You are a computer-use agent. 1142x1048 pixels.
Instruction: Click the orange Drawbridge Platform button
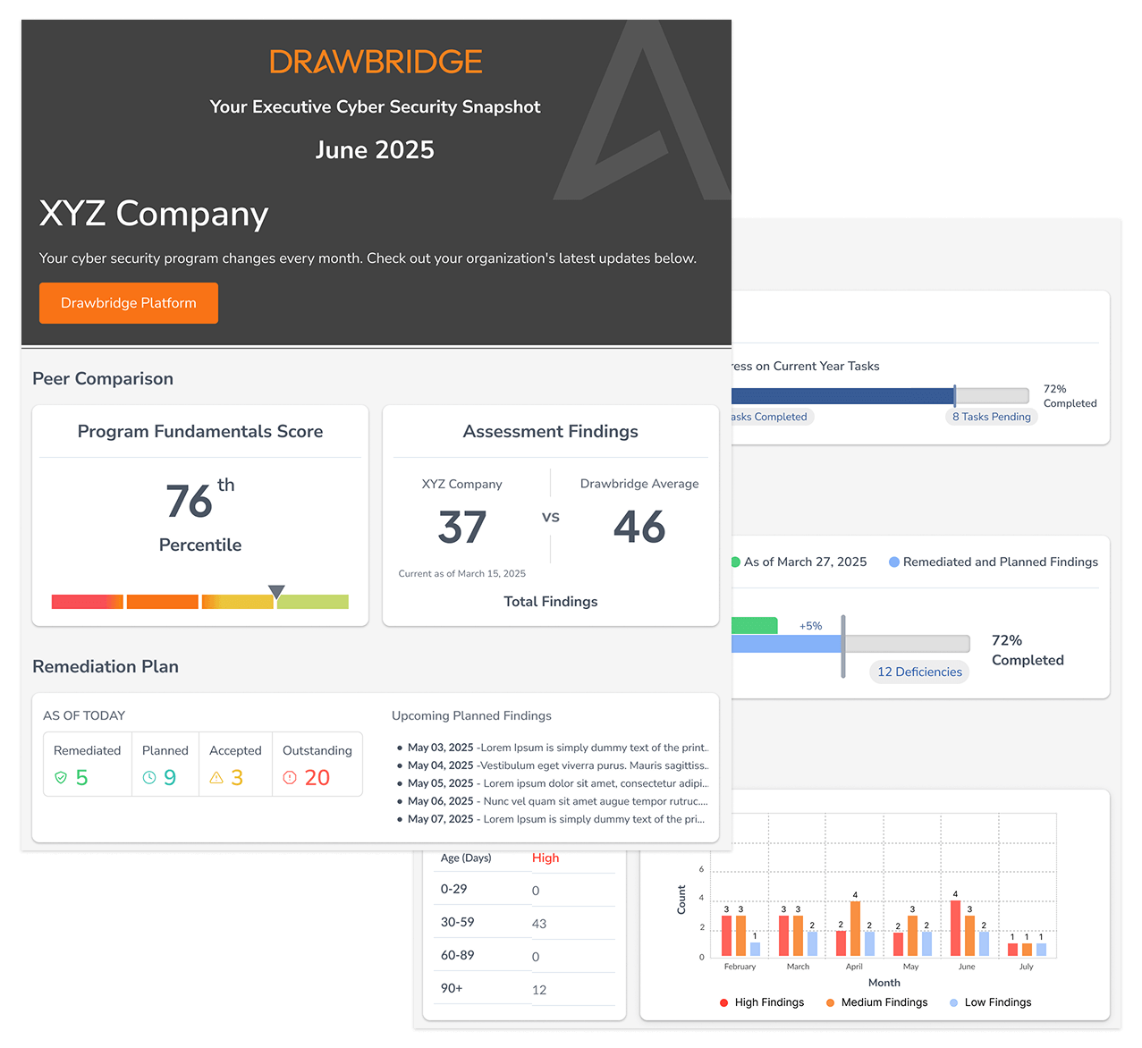129,303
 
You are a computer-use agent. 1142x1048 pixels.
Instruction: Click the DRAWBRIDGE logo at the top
376,62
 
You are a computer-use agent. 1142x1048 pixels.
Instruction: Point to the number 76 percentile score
190,502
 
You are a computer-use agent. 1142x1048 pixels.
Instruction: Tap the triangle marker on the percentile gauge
276,591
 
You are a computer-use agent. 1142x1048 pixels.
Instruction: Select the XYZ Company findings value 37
462,528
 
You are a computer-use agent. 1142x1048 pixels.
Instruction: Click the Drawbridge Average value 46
639,528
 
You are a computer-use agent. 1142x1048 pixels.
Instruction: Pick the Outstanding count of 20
317,778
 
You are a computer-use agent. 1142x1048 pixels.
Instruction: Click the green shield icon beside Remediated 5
61,778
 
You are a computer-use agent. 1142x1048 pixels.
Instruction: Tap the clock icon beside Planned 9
149,778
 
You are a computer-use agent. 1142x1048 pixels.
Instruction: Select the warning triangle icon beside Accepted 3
216,778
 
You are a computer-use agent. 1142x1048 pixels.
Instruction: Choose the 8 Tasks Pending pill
992,417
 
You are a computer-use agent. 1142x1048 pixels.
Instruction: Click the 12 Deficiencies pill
919,672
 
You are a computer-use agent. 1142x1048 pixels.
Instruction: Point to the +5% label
810,626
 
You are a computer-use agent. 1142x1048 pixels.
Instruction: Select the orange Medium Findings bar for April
855,929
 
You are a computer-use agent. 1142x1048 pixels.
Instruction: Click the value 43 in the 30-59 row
539,924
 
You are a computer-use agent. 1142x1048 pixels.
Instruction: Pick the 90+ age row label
452,988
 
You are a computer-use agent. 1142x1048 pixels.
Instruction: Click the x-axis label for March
798,967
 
